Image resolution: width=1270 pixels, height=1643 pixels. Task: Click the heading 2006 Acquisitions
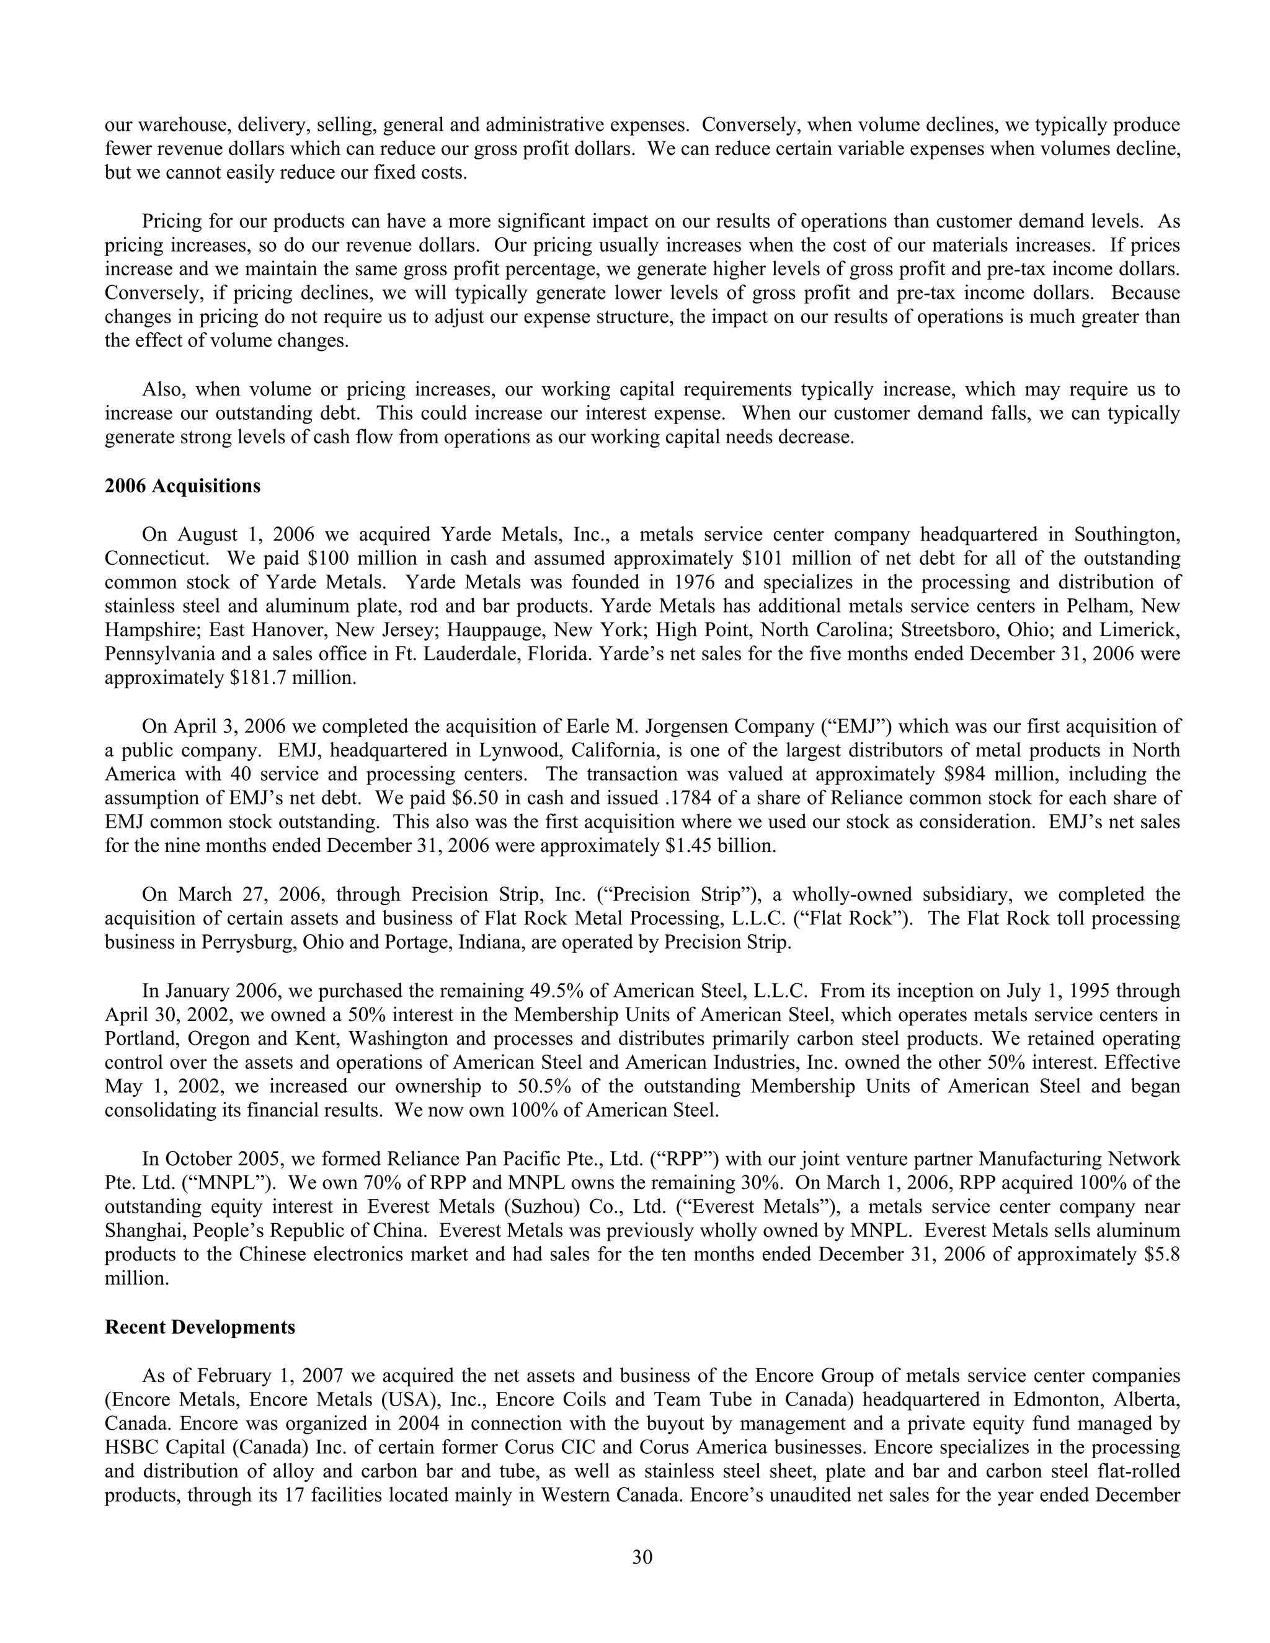point(182,486)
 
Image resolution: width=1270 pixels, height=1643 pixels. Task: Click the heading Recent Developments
point(200,1327)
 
